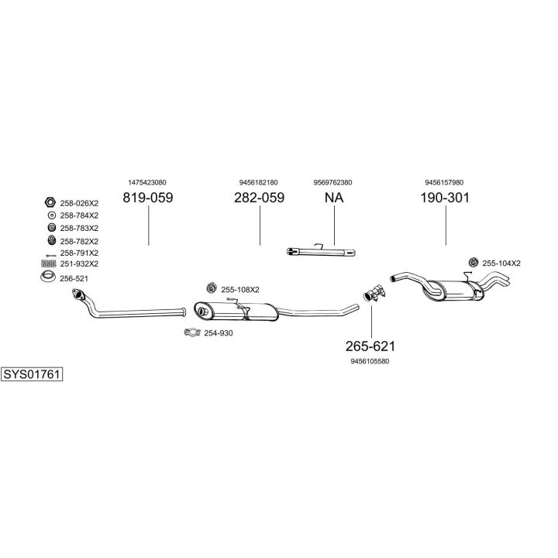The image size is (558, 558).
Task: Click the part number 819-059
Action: (147, 198)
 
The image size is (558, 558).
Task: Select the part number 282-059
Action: (259, 198)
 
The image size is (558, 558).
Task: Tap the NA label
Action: (333, 198)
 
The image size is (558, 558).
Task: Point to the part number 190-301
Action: (445, 198)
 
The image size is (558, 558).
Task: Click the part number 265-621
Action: (370, 346)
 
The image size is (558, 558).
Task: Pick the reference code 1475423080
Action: (147, 182)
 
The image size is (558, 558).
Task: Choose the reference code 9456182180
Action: (259, 182)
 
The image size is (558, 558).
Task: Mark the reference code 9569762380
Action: (333, 182)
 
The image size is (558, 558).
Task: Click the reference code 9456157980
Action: (445, 182)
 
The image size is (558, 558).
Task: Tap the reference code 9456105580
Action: (370, 360)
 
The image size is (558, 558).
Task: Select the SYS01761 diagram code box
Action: (32, 374)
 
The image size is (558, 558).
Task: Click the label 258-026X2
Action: (79, 203)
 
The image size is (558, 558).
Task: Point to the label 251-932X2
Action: (79, 263)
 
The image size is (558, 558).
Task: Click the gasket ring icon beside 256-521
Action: (47, 277)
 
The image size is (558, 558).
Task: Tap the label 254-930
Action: (218, 333)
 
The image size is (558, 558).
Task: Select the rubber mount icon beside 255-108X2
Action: (210, 289)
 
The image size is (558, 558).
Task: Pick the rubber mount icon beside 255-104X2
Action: (472, 263)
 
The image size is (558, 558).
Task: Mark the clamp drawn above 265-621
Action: (373, 293)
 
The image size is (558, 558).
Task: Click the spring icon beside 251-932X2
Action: (47, 263)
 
